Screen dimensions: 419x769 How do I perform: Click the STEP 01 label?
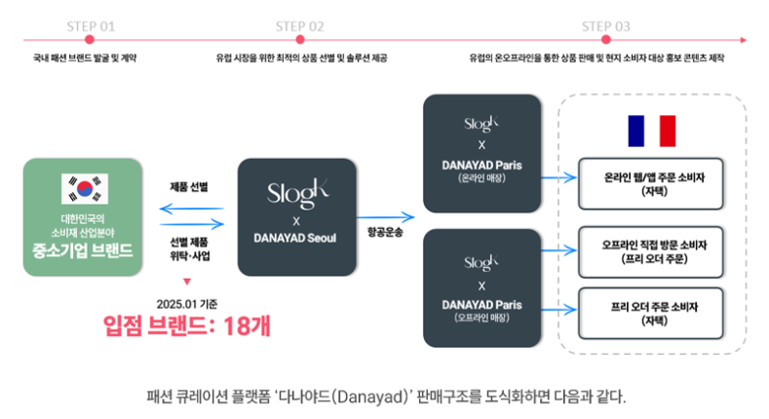pyautogui.click(x=90, y=24)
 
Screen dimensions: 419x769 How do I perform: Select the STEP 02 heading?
pyautogui.click(x=300, y=24)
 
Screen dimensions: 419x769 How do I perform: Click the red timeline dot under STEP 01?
pyautogui.click(x=90, y=40)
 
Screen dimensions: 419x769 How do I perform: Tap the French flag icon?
pyautogui.click(x=651, y=130)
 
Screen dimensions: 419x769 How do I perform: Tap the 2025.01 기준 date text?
pyautogui.click(x=186, y=302)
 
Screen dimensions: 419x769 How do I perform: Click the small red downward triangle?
pyautogui.click(x=186, y=280)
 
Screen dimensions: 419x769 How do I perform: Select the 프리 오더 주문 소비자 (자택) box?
pyautogui.click(x=651, y=311)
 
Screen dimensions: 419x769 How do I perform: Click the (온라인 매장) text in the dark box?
pyautogui.click(x=481, y=179)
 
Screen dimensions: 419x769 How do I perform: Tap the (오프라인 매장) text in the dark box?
pyautogui.click(x=481, y=317)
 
